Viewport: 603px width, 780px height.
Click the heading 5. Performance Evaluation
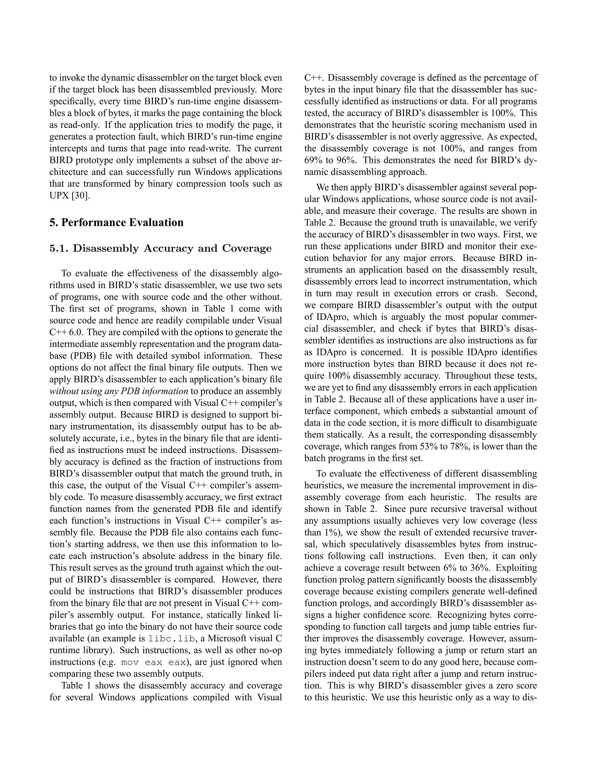117,223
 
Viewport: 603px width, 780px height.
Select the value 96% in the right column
346,160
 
